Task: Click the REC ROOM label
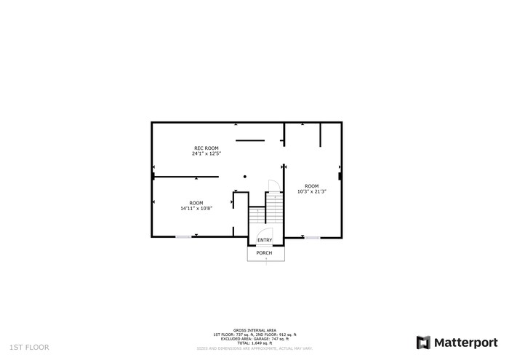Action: (x=206, y=148)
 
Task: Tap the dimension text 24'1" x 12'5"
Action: (x=206, y=154)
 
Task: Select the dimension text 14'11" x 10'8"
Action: (x=196, y=209)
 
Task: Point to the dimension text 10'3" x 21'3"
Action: (x=311, y=191)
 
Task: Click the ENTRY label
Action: (x=265, y=241)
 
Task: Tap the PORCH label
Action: (x=264, y=253)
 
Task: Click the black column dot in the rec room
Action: (x=245, y=176)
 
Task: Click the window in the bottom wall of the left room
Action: (x=184, y=236)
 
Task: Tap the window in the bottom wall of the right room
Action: (x=312, y=236)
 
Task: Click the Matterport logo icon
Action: (x=423, y=342)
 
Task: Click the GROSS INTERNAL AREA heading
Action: (x=254, y=329)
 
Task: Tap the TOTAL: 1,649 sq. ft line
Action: (x=254, y=343)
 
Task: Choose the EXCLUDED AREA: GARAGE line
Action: (x=254, y=338)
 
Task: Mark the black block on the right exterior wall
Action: (x=340, y=175)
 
